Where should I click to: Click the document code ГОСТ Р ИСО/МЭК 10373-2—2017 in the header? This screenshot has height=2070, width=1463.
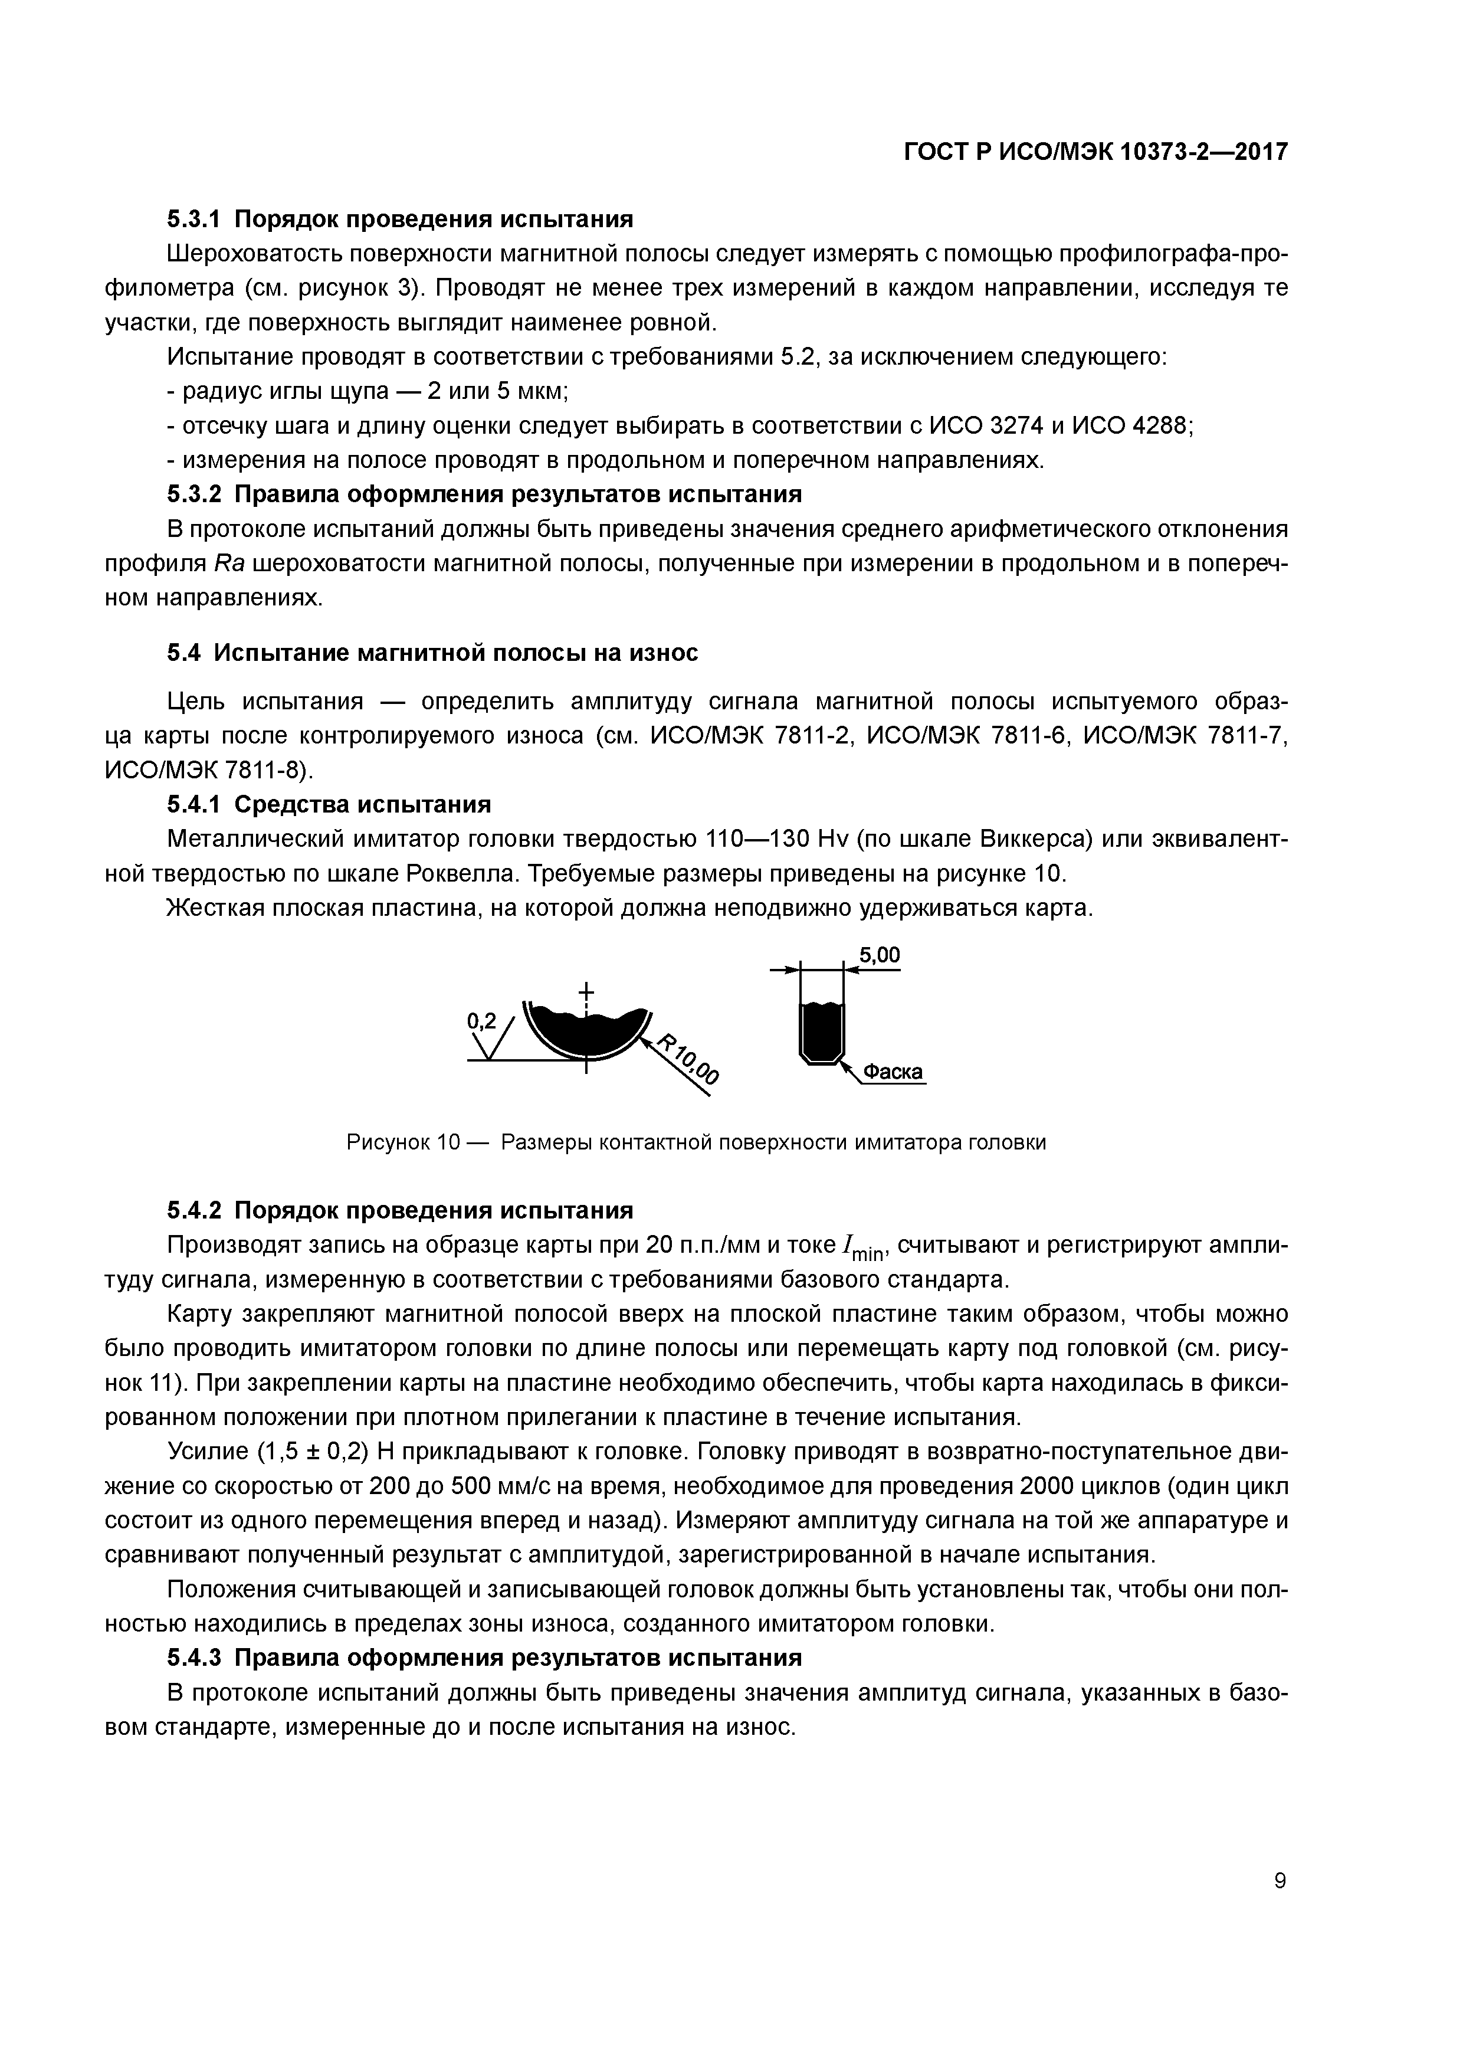1095,152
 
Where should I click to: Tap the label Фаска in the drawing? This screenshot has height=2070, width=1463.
893,1072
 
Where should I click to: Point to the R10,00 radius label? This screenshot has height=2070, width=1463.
690,1059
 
